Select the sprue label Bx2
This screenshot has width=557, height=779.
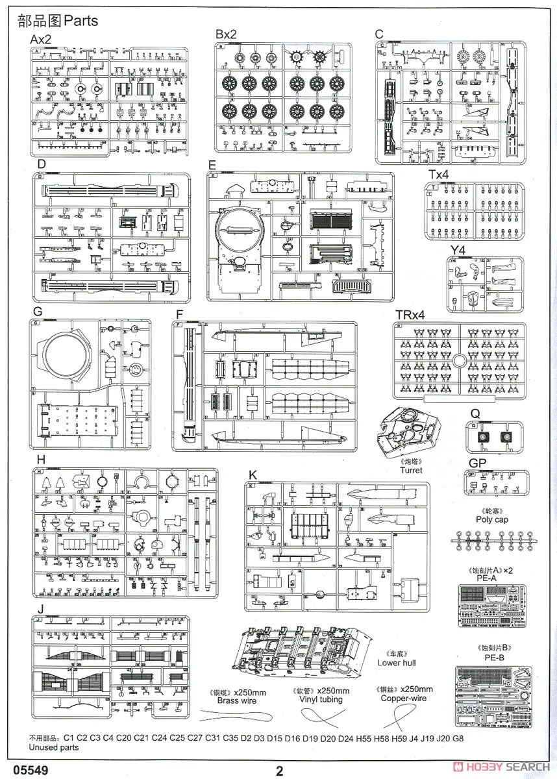(x=227, y=34)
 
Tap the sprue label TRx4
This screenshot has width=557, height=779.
(x=411, y=315)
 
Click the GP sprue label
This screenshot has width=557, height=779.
(x=477, y=462)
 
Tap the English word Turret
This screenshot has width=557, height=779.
(x=411, y=470)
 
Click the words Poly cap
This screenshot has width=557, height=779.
(x=492, y=519)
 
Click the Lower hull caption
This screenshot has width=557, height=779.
(x=397, y=663)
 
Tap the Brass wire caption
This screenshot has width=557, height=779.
(x=236, y=700)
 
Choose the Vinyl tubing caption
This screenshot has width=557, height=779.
(x=320, y=699)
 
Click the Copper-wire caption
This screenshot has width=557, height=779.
(x=405, y=698)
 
